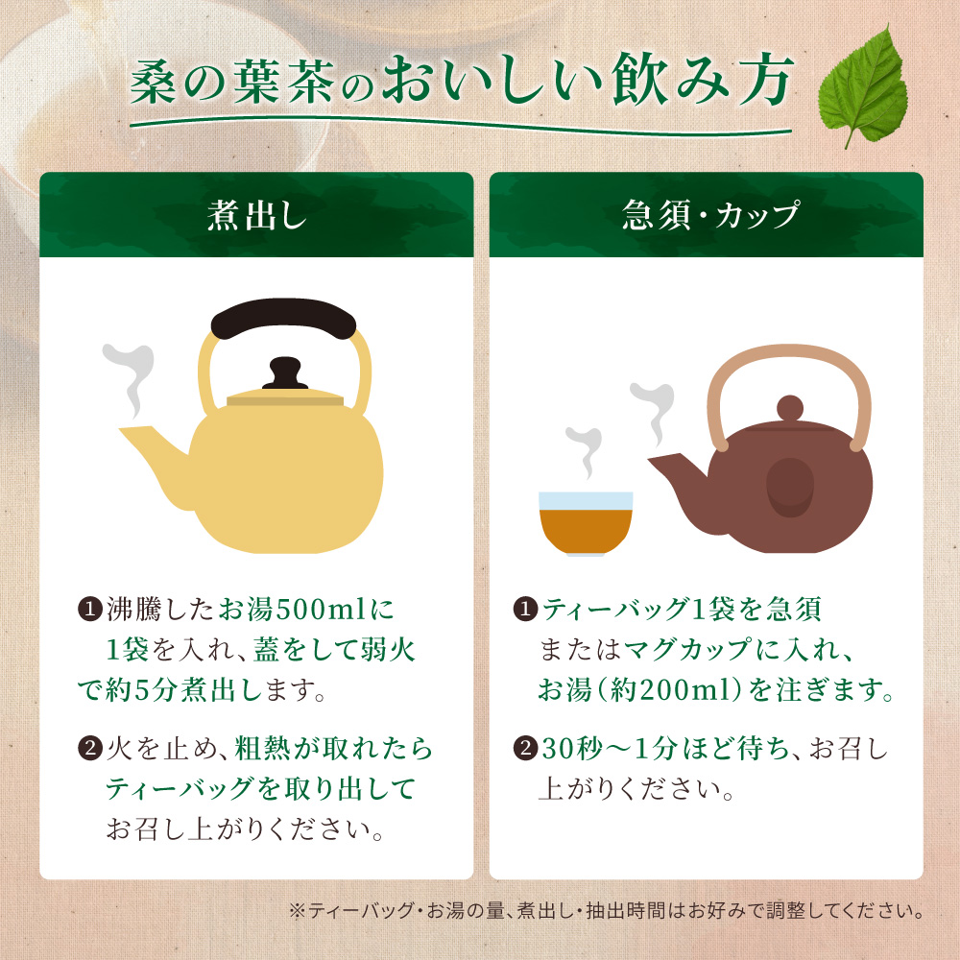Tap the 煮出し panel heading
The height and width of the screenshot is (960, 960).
256,216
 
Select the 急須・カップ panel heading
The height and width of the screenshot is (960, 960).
706,216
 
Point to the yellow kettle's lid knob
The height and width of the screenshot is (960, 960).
284,373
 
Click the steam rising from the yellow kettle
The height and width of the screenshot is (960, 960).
128,379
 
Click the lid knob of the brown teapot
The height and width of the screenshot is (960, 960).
789,407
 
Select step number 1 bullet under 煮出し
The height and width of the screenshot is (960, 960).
88,609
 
